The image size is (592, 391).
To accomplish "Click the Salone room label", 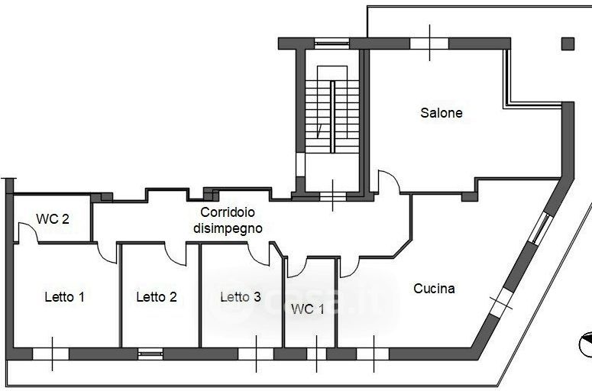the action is (x=442, y=113).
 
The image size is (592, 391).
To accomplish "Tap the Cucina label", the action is (x=434, y=289).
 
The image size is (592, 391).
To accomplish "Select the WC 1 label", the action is (x=308, y=309).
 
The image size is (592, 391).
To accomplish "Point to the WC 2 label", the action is (x=53, y=219).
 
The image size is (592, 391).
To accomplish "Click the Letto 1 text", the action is (x=65, y=297).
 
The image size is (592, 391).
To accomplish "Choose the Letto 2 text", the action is (x=157, y=297).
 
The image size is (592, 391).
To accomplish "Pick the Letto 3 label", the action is (x=241, y=297).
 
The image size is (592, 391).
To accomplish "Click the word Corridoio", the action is (x=228, y=212).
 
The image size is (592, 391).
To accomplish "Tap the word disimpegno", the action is (x=228, y=228).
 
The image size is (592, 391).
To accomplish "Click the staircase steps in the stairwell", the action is (x=332, y=116).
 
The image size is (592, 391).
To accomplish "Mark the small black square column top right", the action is (x=568, y=44).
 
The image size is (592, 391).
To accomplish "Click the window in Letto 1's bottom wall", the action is (x=50, y=354).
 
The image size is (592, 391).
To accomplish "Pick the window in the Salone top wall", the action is (x=429, y=44).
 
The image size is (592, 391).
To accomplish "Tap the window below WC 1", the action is (x=316, y=354).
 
